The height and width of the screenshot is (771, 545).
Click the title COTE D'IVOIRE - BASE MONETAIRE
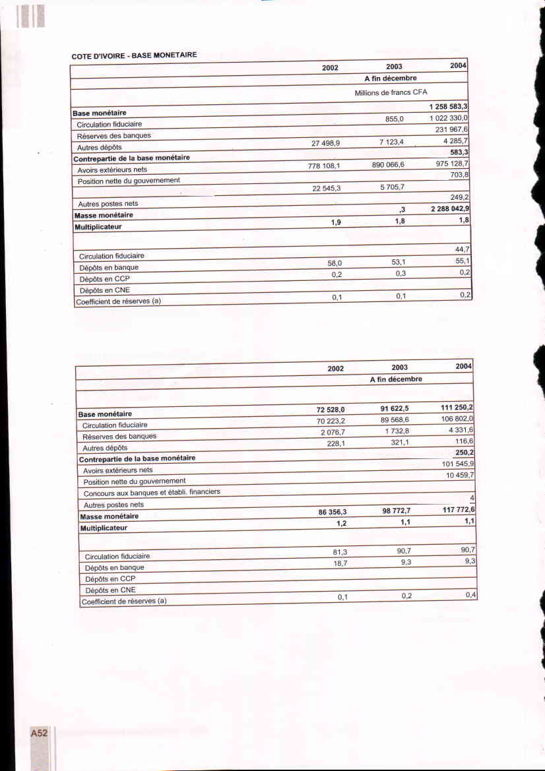[134, 55]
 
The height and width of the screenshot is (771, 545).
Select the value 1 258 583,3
[448, 107]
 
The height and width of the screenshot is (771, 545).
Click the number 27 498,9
[325, 143]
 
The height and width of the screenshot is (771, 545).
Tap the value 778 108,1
[324, 167]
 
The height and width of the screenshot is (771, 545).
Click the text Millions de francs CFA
[391, 92]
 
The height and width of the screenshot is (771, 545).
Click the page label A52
[39, 733]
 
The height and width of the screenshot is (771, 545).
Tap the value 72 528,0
[331, 410]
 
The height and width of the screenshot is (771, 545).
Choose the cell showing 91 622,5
[395, 408]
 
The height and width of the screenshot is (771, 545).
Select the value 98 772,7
[396, 510]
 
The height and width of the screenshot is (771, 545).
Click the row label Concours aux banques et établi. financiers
[151, 492]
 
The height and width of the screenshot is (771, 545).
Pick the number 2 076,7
[333, 431]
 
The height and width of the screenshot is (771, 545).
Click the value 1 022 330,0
[448, 118]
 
